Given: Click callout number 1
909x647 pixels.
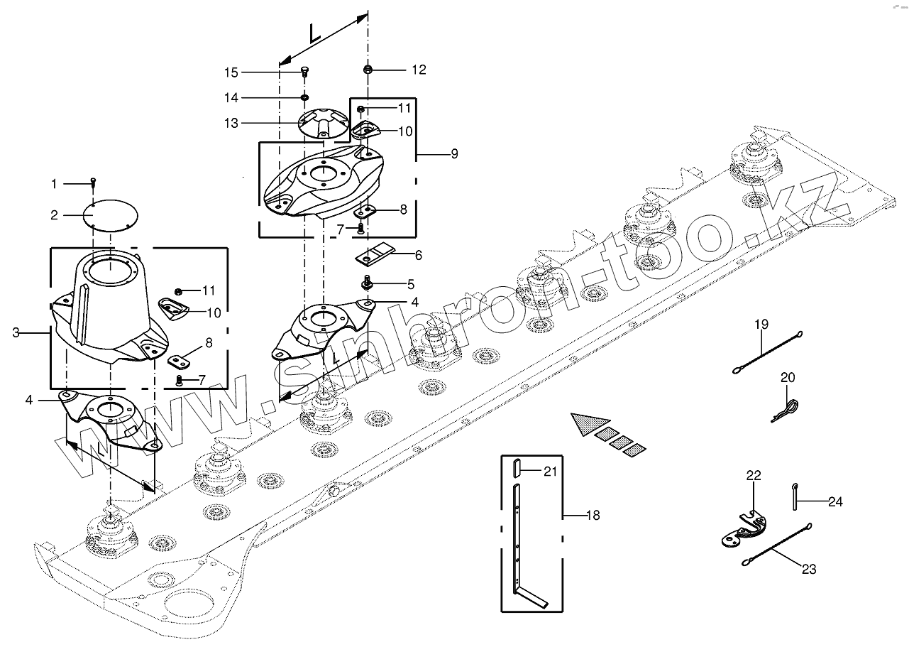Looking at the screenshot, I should click(x=54, y=183).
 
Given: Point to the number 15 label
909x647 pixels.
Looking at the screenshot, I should click(x=231, y=72).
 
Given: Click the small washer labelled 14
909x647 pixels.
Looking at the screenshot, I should click(x=304, y=97).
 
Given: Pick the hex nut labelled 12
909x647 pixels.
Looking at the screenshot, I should click(x=368, y=69).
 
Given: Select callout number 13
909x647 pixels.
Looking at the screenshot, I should click(x=231, y=123).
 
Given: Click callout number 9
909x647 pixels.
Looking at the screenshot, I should click(x=453, y=153).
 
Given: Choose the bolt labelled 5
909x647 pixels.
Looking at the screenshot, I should click(x=368, y=283).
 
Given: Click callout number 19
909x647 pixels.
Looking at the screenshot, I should click(x=761, y=324).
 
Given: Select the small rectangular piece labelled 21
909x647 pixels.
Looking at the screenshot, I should click(x=517, y=469).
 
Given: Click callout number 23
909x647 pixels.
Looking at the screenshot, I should click(x=809, y=568).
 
